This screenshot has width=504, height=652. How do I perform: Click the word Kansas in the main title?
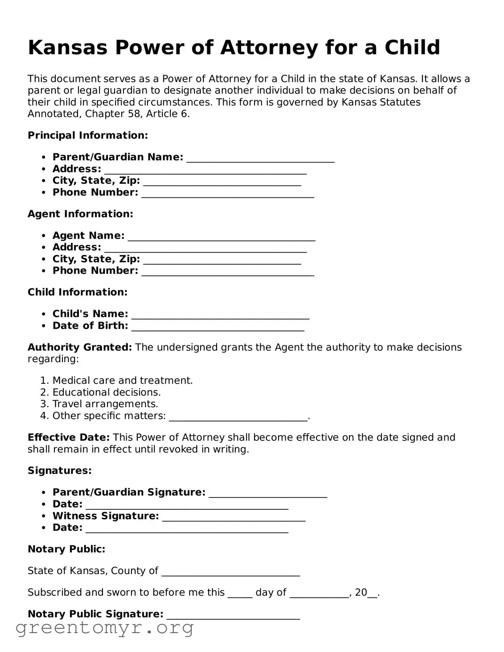click(x=68, y=47)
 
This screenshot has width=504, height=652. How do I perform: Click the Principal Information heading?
click(x=88, y=135)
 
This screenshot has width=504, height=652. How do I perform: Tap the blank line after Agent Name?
click(x=221, y=237)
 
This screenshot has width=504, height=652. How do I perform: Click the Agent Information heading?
click(x=80, y=214)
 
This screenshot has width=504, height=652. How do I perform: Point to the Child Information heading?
click(x=78, y=292)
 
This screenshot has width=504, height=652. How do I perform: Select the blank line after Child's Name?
click(x=220, y=315)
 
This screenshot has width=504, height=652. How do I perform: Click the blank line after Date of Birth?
click(x=217, y=327)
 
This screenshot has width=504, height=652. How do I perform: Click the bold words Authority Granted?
click(x=80, y=347)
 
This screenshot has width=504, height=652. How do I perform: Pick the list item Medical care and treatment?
click(x=122, y=380)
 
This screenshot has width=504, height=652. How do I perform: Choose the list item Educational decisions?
click(x=106, y=392)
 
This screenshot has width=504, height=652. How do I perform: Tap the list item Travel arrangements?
click(x=105, y=404)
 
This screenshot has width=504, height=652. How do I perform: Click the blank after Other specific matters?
click(x=238, y=417)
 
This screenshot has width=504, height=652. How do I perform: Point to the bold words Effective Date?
click(x=69, y=437)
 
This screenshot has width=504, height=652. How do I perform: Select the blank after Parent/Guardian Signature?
click(x=268, y=494)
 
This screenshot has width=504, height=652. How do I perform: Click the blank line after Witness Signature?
click(x=233, y=517)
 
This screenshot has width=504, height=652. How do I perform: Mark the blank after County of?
click(x=230, y=572)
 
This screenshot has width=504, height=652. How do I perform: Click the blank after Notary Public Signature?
click(x=233, y=615)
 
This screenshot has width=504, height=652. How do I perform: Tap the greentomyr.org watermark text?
click(x=104, y=628)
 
